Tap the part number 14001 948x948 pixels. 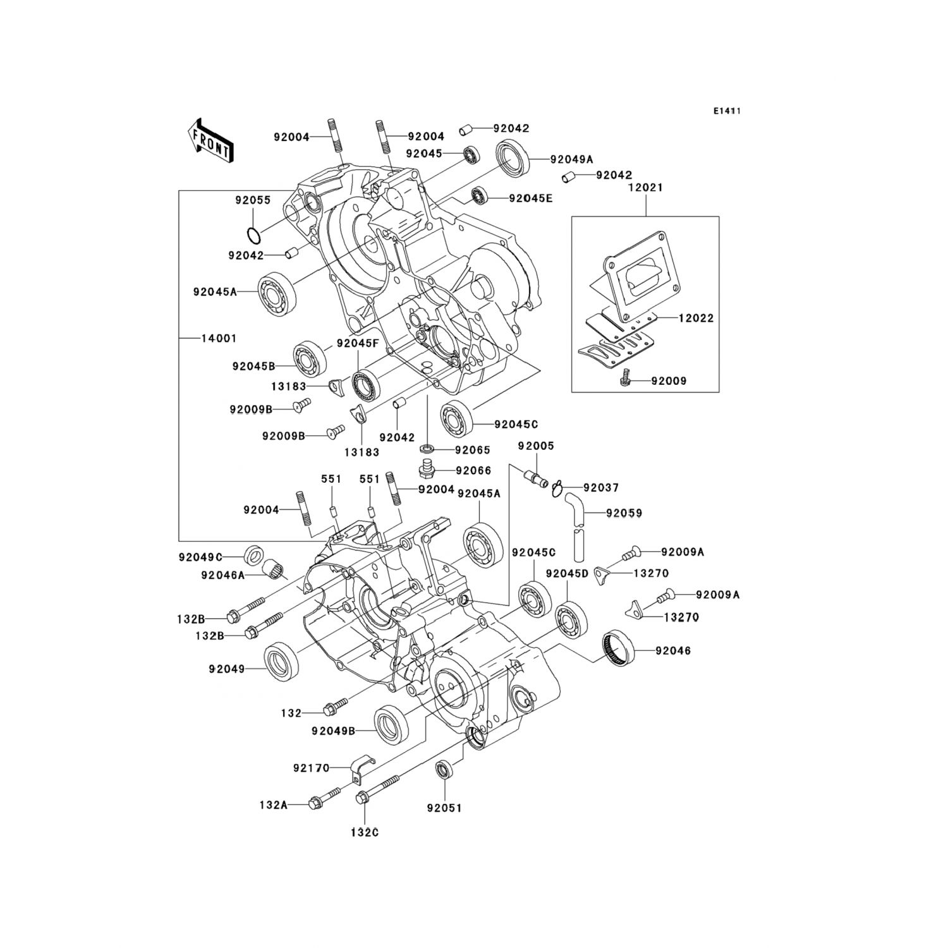tap(219, 338)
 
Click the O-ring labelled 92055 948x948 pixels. tap(253, 236)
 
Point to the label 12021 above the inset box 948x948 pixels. tap(645, 188)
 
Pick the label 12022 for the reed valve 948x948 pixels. tap(696, 318)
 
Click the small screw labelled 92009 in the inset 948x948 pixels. tap(625, 377)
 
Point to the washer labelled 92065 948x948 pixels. tap(428, 449)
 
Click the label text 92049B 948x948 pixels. tap(332, 731)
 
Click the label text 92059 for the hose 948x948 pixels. tap(624, 513)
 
